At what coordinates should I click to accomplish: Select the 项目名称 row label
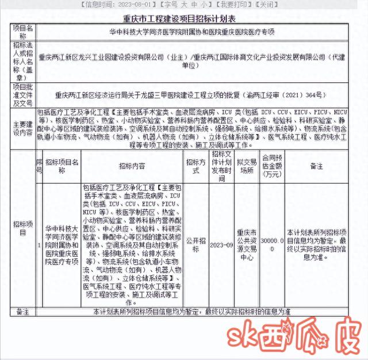tap(23, 31)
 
